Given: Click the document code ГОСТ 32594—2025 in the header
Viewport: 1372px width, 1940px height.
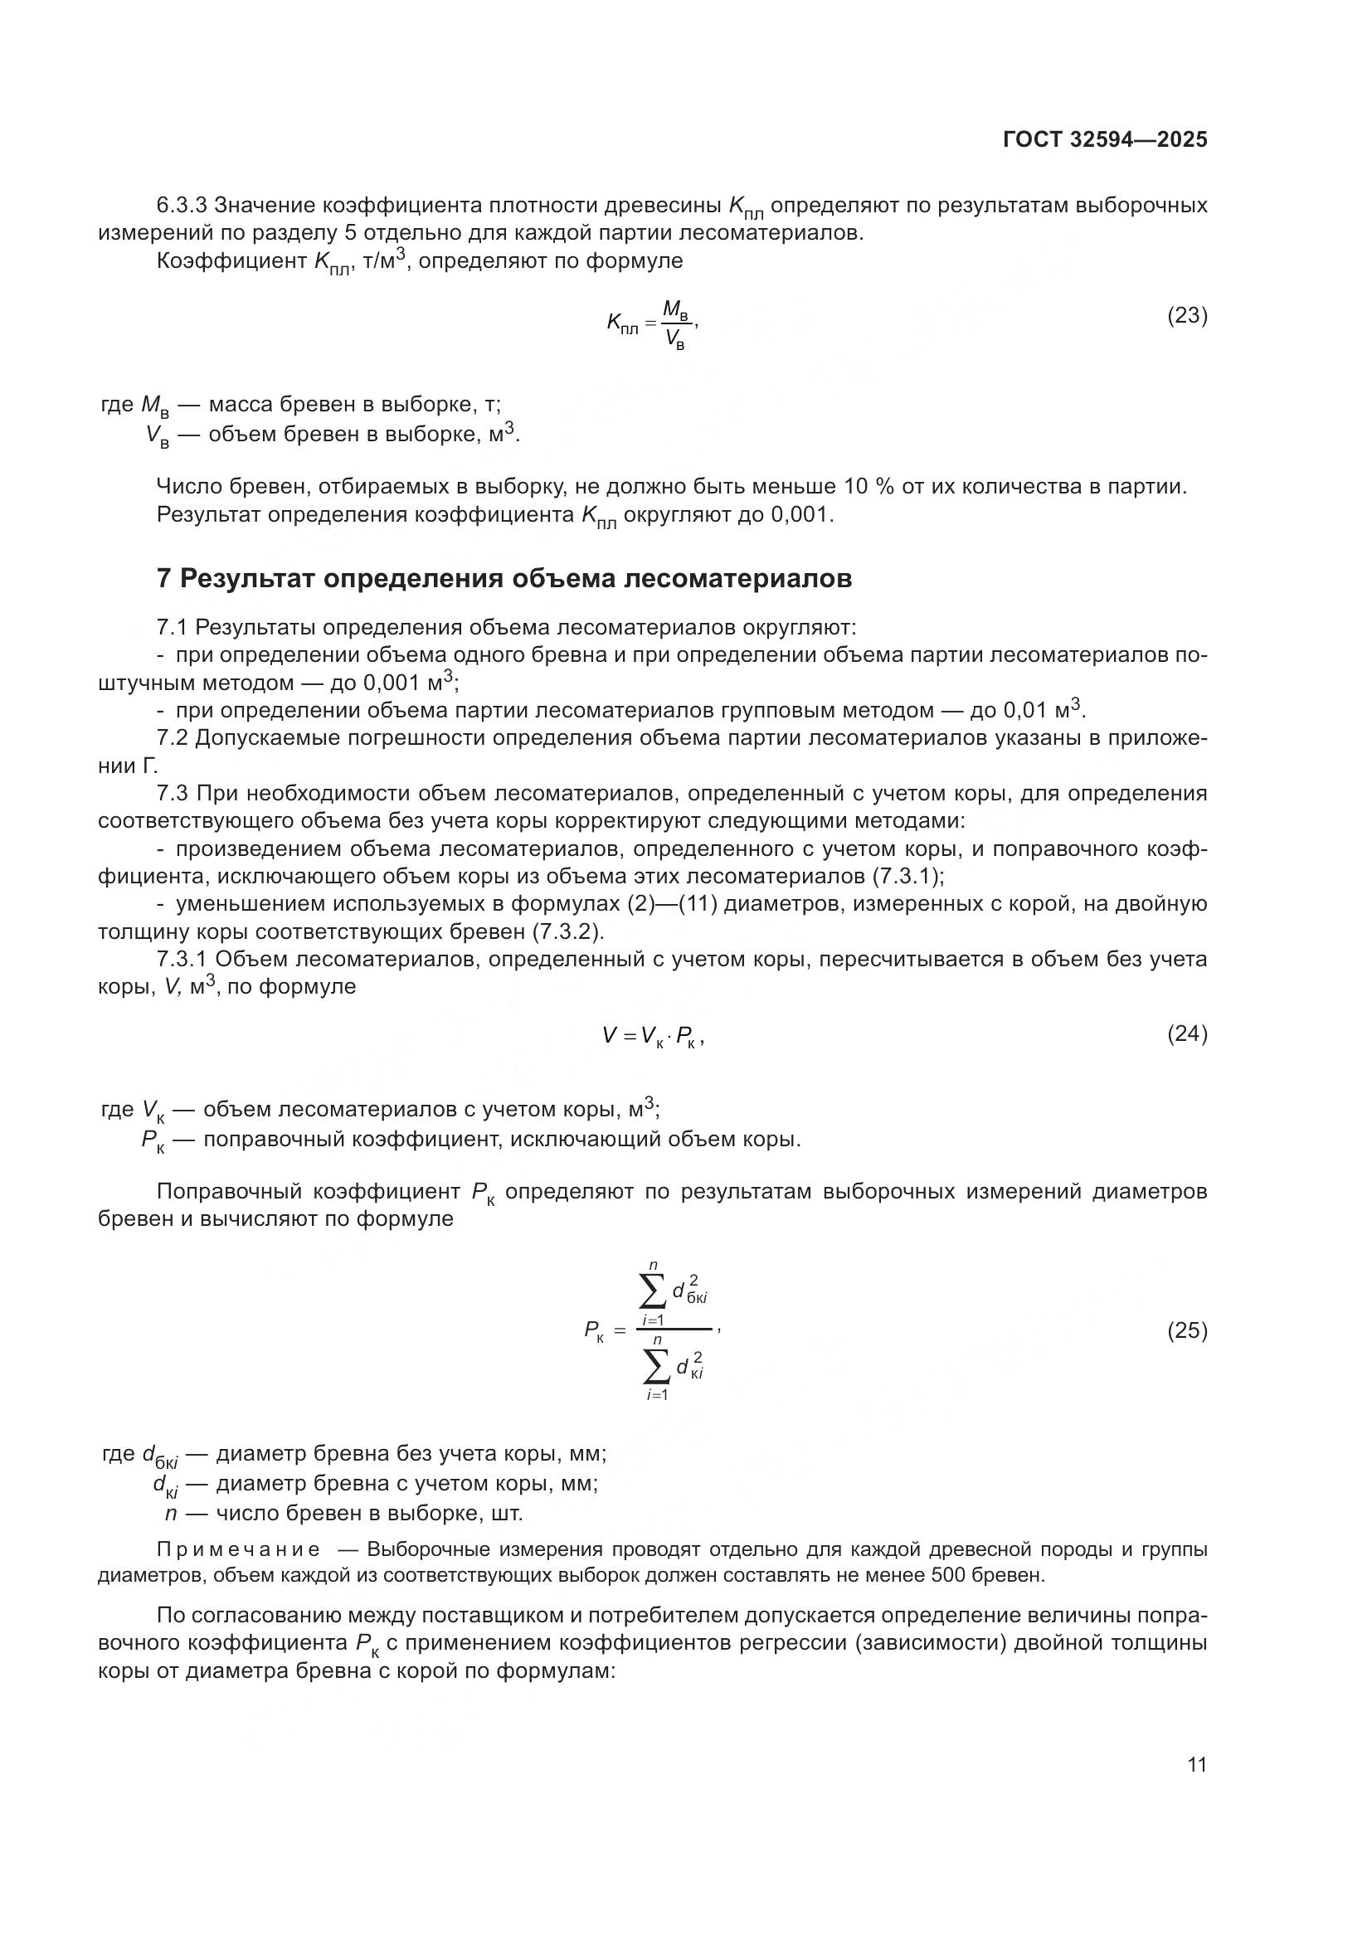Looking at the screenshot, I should click(1104, 140).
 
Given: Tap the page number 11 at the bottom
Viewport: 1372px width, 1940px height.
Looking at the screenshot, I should click(1196, 1765).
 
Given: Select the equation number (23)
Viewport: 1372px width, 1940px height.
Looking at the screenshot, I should click(1187, 316).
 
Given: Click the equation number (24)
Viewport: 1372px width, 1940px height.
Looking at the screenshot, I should click(1187, 1034).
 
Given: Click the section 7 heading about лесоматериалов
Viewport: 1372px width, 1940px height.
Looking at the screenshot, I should click(504, 580).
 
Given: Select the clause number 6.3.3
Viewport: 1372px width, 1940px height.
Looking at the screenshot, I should click(182, 206).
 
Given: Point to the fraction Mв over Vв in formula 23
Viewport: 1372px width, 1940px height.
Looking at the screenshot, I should click(675, 324).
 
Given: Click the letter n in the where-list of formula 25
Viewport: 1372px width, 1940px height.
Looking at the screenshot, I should click(171, 1514).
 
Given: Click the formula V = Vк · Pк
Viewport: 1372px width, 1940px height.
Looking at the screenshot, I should click(653, 1036).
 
